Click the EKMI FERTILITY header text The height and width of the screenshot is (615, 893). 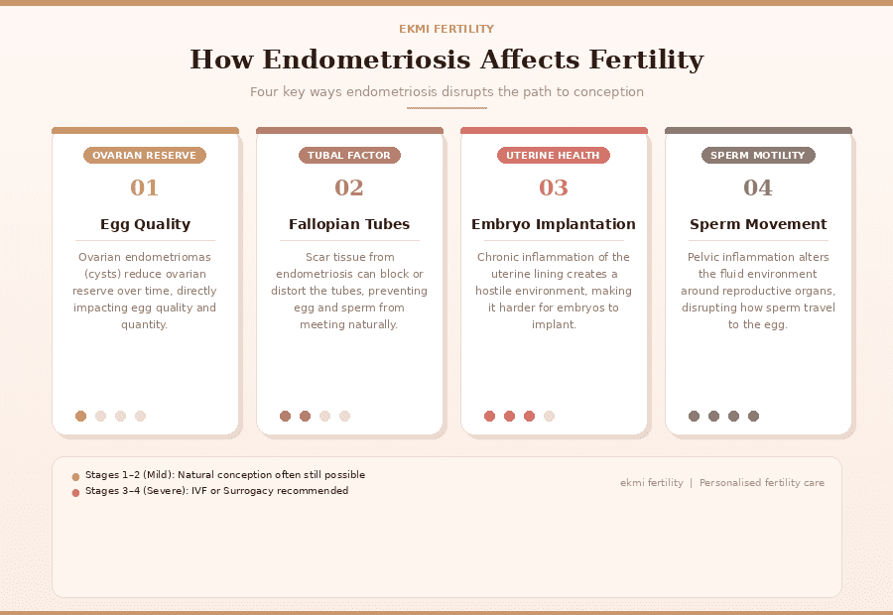tap(446, 29)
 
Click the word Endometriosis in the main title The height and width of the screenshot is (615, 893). tap(364, 60)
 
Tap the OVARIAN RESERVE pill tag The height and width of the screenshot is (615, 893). tap(145, 156)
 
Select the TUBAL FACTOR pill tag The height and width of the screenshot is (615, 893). tap(349, 156)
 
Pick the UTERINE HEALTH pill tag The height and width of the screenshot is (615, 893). tap(553, 156)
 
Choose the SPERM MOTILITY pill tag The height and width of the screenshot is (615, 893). tap(758, 156)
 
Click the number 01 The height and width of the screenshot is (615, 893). tap(145, 187)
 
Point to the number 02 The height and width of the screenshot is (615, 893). tap(349, 187)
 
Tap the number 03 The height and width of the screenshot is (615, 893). tap(554, 187)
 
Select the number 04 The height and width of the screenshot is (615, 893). tap(758, 187)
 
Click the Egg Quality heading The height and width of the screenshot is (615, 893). tap(145, 224)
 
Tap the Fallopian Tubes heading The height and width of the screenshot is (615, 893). tap(349, 224)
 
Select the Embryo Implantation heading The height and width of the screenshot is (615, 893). tap(554, 224)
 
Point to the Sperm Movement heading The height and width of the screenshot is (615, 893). tap(758, 224)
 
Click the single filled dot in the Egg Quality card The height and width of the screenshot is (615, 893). tap(80, 417)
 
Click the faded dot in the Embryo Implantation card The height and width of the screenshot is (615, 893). tap(549, 417)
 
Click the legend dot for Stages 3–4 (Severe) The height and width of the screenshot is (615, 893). tap(75, 492)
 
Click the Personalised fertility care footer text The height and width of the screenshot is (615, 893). tap(761, 483)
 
